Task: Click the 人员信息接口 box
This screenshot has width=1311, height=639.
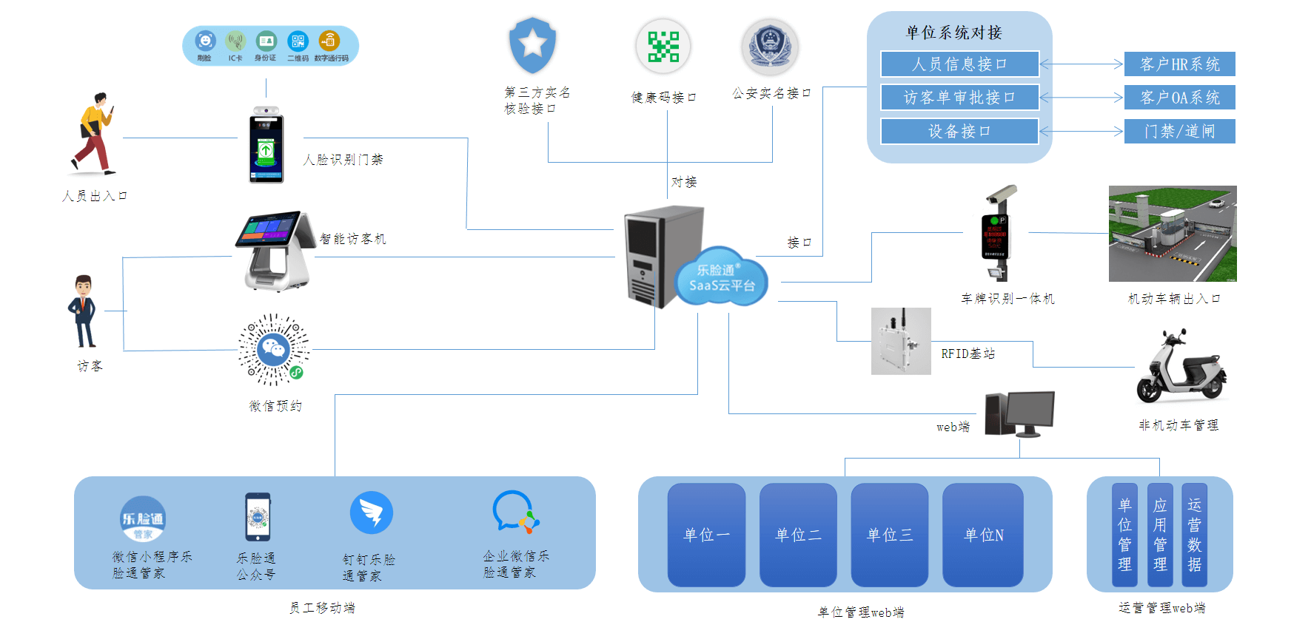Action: [x=959, y=64]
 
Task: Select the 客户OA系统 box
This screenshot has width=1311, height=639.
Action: [x=1179, y=98]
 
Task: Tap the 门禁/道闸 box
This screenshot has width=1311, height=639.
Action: [x=1179, y=132]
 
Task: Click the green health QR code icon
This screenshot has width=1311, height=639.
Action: [x=663, y=47]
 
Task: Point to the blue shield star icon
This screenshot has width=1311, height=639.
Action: [x=532, y=44]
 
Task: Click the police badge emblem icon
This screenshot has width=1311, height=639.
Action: [x=770, y=47]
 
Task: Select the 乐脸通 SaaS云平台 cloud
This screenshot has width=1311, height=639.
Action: [x=722, y=278]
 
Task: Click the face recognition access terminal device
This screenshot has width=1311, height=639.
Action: [x=266, y=146]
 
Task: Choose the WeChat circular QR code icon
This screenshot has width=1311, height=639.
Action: [x=273, y=349]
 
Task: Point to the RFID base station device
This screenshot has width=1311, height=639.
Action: [x=900, y=341]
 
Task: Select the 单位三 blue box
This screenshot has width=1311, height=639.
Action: [x=889, y=535]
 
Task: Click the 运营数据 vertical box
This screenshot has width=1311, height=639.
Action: [x=1194, y=535]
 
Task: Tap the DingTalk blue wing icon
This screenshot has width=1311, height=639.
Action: [x=371, y=513]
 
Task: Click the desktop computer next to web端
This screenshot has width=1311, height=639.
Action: [x=1020, y=413]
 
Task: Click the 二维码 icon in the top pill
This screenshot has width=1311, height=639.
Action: [x=298, y=41]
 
